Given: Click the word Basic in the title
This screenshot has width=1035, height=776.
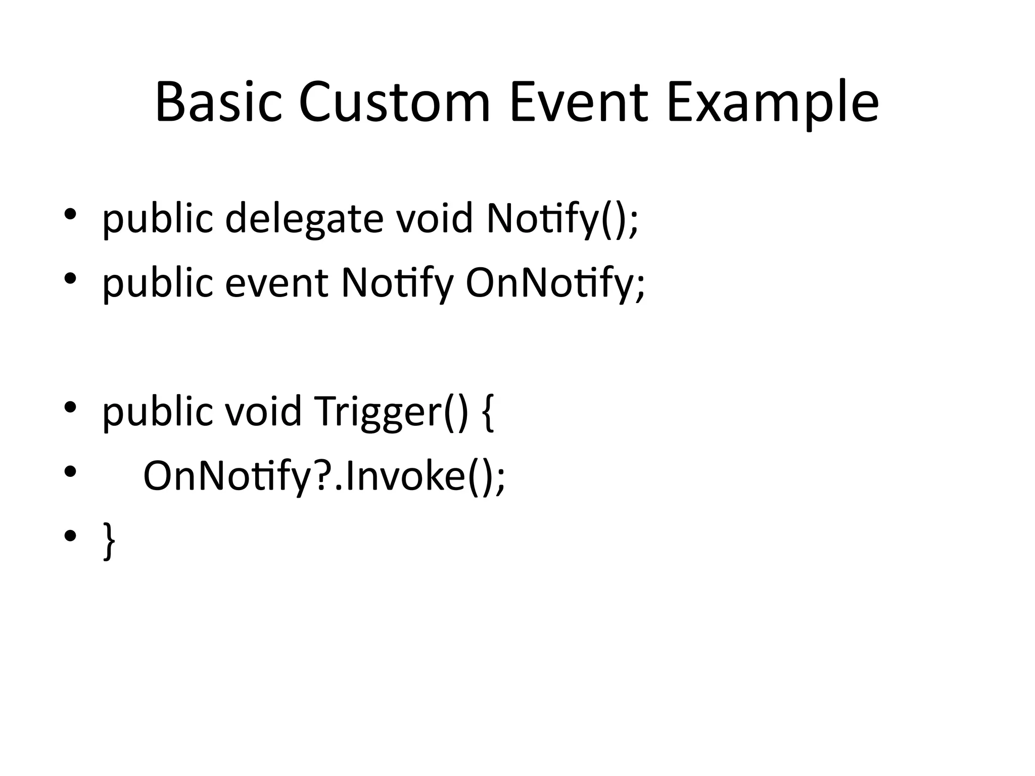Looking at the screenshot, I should click(x=218, y=102).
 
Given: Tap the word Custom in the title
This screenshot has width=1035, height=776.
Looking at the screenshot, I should click(x=394, y=102).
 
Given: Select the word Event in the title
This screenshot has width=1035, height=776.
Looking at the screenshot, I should click(x=579, y=102).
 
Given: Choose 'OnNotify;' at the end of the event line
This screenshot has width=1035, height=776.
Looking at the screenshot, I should click(x=555, y=283).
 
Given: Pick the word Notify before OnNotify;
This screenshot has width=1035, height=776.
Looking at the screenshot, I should click(x=397, y=283).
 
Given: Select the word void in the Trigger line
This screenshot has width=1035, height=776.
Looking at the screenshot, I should click(x=263, y=411).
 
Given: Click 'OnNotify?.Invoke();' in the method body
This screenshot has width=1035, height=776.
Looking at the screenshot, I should click(x=324, y=476).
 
